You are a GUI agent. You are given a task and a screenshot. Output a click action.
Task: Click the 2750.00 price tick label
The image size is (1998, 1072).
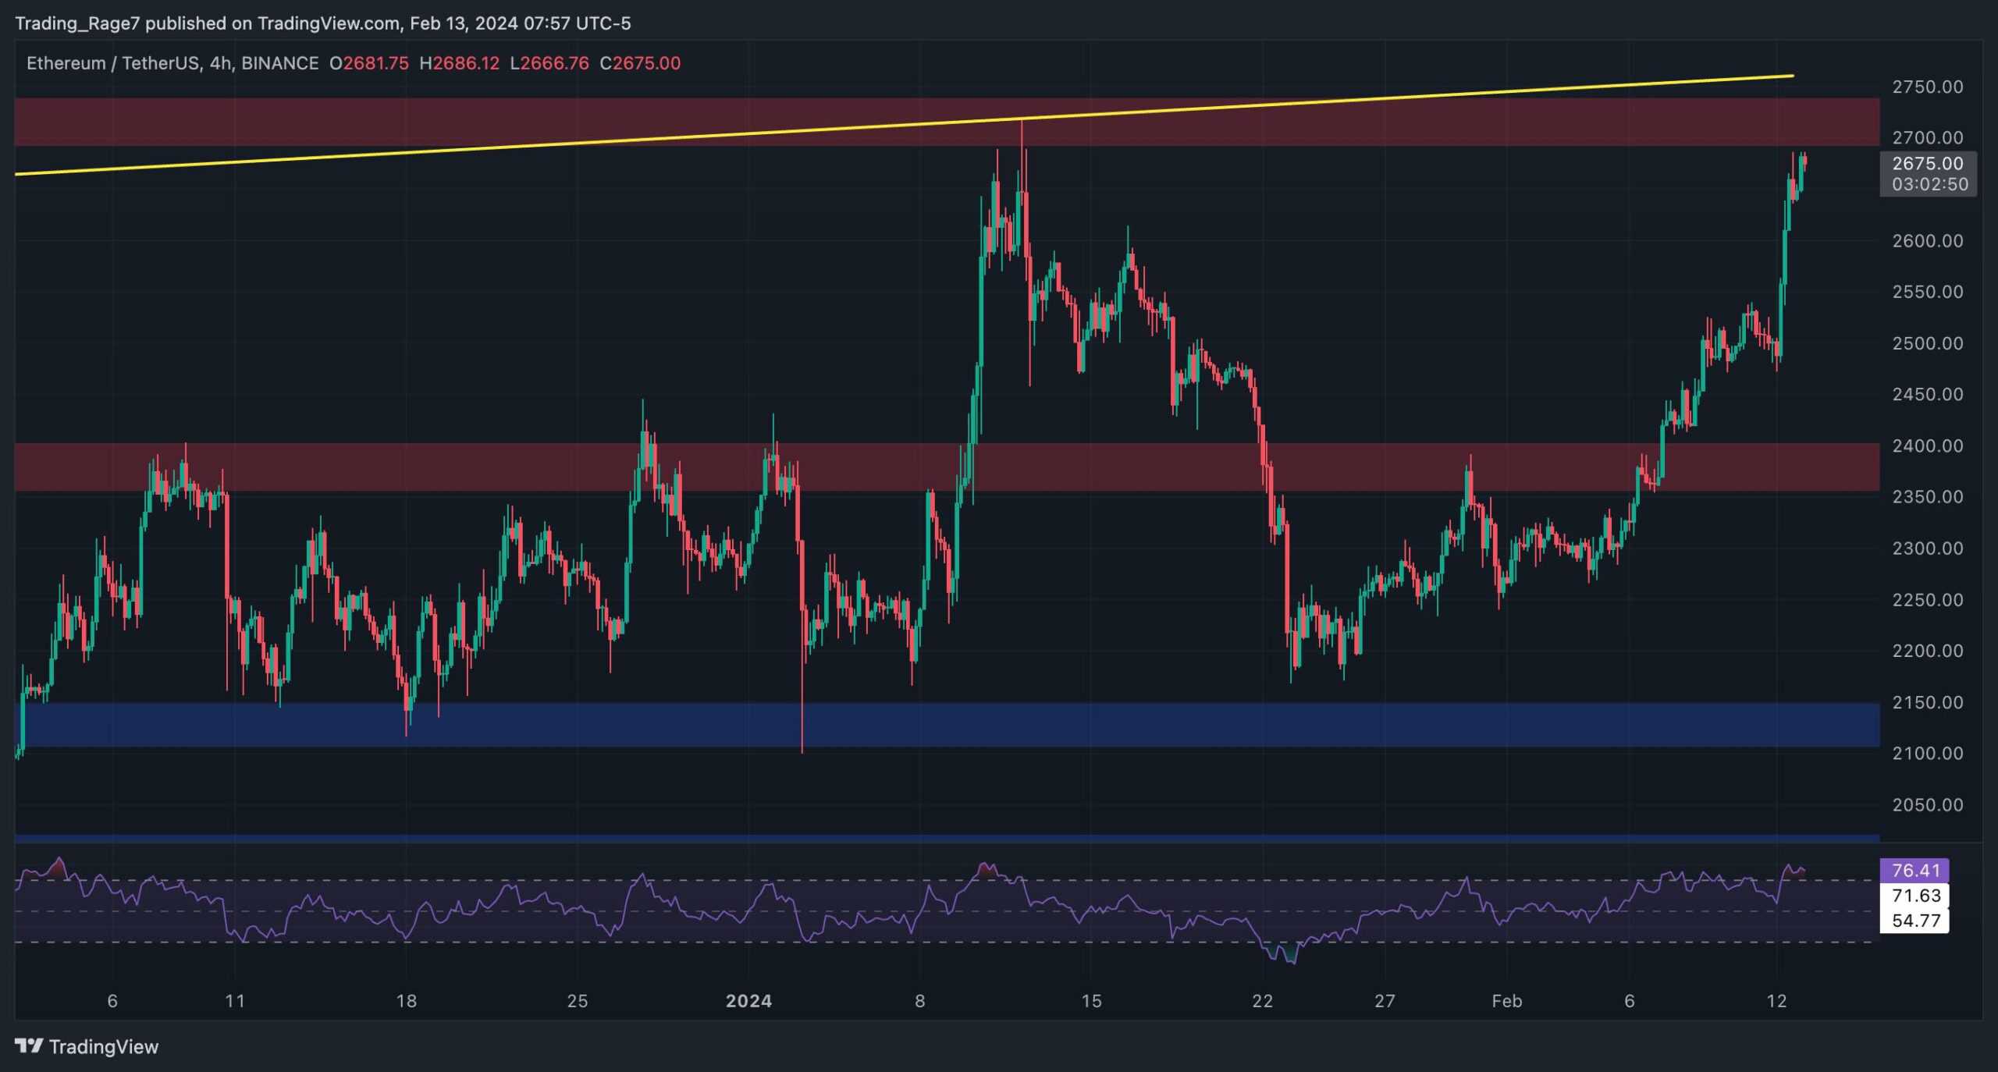tap(1927, 87)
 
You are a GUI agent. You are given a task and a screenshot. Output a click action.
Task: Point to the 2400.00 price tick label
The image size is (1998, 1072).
tap(1927, 445)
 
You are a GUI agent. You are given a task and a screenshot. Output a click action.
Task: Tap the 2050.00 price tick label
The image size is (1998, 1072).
tap(1927, 804)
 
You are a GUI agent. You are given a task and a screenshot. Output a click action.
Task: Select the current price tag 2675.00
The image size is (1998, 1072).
tap(1927, 163)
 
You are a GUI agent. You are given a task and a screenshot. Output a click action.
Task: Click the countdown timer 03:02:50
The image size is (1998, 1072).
tap(1929, 184)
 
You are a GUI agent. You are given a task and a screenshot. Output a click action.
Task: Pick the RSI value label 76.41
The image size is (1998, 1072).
tap(1915, 870)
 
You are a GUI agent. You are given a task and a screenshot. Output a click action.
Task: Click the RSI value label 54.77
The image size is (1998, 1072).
tap(1915, 921)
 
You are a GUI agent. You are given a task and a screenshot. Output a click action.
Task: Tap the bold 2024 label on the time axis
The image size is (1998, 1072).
tap(748, 1001)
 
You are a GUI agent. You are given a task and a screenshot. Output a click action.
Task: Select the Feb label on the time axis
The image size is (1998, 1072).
tap(1506, 1001)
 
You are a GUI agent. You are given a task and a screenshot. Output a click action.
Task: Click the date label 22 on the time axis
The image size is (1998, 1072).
tap(1262, 1001)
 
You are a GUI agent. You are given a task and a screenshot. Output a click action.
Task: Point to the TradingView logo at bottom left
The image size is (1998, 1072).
tap(87, 1046)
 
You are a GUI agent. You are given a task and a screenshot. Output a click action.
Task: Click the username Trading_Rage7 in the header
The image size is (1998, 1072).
tap(77, 23)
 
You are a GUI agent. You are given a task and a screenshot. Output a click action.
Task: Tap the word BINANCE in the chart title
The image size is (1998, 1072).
tap(279, 63)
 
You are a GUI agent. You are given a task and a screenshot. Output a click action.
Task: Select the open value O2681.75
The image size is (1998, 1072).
tap(368, 63)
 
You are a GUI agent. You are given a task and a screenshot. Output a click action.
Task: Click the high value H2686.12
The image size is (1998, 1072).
tap(459, 63)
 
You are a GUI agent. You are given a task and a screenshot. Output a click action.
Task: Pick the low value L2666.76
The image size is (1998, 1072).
tap(549, 63)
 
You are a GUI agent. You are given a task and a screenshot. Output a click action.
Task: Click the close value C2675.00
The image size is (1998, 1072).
tap(640, 63)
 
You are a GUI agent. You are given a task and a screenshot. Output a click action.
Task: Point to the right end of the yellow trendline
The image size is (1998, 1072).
tap(1793, 76)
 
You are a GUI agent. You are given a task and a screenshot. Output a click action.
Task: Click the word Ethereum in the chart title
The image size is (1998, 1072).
tap(66, 63)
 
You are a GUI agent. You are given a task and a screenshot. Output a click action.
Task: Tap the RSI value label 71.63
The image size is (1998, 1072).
tap(1915, 896)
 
